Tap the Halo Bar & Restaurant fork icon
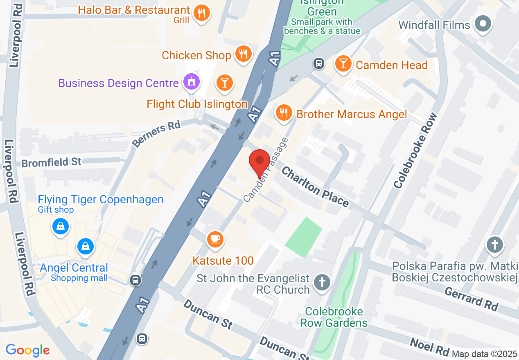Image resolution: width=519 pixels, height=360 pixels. (x=201, y=13)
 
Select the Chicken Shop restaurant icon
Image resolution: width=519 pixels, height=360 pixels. (x=244, y=53)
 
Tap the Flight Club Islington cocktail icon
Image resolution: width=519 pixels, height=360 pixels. (x=224, y=82)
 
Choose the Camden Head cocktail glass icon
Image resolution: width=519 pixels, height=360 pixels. (x=343, y=63)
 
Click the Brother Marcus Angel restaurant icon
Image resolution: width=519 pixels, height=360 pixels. (x=284, y=112)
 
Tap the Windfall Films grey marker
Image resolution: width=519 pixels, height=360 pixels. (x=483, y=23)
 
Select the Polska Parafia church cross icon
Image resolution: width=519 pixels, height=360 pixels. (x=495, y=245)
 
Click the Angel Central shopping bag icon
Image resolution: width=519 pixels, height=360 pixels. (x=85, y=247)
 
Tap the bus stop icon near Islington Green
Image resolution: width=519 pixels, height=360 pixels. (x=319, y=63)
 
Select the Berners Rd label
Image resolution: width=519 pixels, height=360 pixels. (x=156, y=134)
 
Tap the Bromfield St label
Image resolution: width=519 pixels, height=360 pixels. (x=52, y=162)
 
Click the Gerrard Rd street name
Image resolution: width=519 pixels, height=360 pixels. (x=471, y=299)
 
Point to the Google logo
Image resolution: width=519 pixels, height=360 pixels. (x=27, y=350)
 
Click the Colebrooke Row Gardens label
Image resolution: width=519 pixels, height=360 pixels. (x=334, y=317)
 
